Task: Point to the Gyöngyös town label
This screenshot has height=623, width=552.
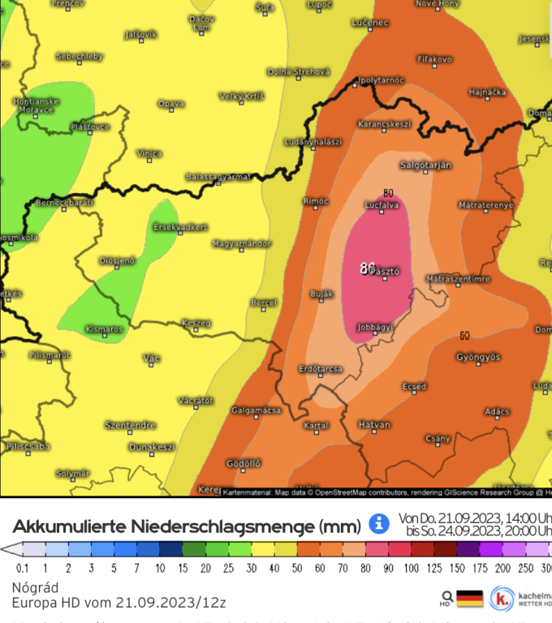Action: click(x=477, y=357)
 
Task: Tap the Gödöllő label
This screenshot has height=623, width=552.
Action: click(x=243, y=462)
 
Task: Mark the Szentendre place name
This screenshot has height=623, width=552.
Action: click(x=130, y=424)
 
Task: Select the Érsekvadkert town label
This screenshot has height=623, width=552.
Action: click(x=181, y=227)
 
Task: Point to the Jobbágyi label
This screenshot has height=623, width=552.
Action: click(x=375, y=327)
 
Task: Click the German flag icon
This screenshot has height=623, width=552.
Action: click(x=469, y=599)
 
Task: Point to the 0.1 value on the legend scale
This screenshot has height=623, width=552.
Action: click(x=22, y=569)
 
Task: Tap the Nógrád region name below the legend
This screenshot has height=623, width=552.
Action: click(x=34, y=587)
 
